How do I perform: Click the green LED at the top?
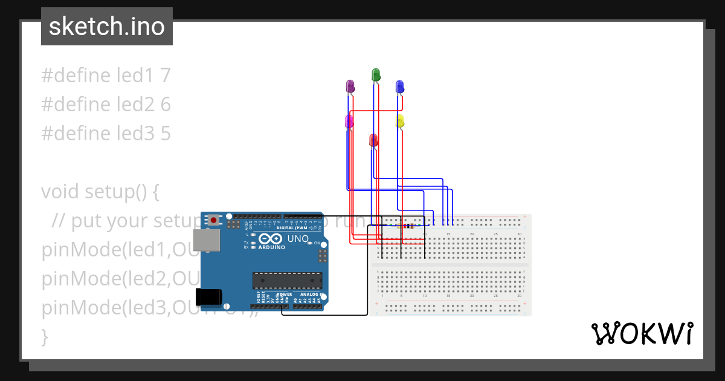375,75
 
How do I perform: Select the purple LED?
350,86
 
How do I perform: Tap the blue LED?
399,86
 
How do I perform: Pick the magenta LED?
349,121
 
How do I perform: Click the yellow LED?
400,121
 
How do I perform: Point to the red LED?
373,140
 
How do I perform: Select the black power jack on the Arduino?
209,296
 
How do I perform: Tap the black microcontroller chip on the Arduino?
287,280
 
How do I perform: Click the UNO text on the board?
298,239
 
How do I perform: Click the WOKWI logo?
642,333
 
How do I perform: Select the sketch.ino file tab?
107,27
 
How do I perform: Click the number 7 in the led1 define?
166,76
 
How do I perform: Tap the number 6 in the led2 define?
166,105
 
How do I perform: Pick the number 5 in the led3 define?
166,134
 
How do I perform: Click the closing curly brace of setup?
44,336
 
